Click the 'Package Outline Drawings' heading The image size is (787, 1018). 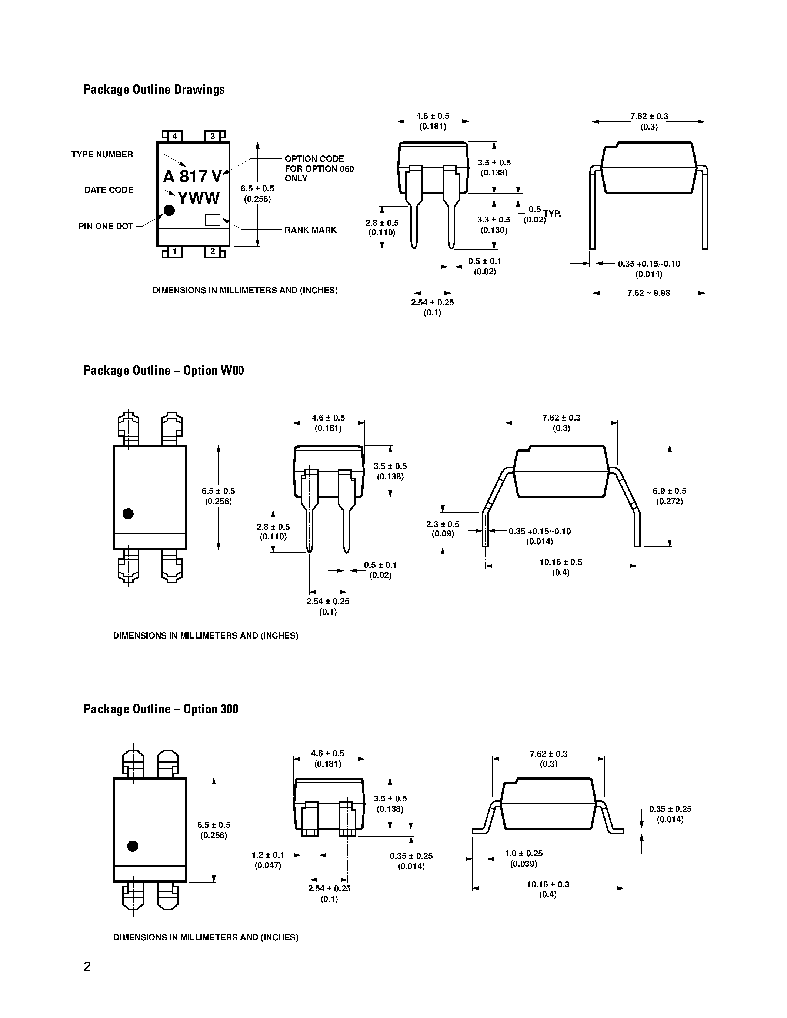pos(154,90)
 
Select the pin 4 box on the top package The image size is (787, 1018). pos(175,136)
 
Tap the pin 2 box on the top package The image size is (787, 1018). pos(213,252)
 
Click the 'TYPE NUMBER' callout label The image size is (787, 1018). pos(102,154)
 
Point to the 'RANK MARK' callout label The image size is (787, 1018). pos(310,230)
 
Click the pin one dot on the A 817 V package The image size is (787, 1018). pos(169,211)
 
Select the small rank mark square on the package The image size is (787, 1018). pos(213,220)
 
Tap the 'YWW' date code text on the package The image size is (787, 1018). pos(198,198)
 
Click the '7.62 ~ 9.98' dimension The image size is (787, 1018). pos(648,293)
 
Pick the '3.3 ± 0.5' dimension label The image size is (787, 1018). pos(494,220)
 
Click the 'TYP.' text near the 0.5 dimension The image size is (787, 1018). pos(552,214)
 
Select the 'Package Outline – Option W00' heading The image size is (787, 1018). pos(164,371)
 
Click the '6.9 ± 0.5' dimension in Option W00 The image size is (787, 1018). pos(670,491)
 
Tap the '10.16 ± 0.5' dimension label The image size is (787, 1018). pos(561,562)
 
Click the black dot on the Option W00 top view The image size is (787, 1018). pos(128,514)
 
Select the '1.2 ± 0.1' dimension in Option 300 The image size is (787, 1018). pos(268,855)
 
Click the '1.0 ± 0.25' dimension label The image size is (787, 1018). pos(524,854)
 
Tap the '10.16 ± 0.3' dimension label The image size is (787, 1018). pos(548,885)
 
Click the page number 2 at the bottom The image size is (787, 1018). pos(87,967)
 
